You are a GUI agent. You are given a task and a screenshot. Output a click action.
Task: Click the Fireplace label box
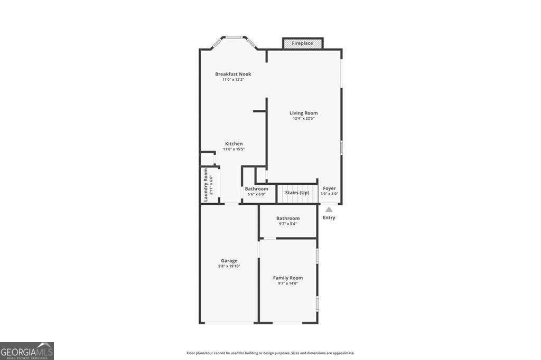(303, 43)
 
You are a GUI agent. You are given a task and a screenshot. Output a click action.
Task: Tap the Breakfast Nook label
(233, 74)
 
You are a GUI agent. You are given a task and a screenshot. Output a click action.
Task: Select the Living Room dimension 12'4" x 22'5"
(303, 118)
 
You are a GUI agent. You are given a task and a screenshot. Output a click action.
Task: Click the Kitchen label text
(234, 144)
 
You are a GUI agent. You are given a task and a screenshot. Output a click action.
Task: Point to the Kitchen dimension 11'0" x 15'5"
(234, 149)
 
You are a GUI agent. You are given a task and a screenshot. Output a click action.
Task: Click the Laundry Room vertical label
(206, 185)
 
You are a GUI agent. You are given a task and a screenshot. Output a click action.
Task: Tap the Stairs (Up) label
(297, 193)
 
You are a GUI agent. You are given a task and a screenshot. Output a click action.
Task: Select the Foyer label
(329, 188)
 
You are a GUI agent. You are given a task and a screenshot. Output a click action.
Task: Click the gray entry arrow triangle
(329, 210)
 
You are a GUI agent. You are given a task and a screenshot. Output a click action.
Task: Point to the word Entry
(329, 217)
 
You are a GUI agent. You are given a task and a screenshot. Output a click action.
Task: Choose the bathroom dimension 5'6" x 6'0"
(256, 194)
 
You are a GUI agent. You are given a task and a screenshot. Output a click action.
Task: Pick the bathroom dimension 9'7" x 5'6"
(288, 224)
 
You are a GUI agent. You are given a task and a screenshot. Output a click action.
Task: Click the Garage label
(229, 260)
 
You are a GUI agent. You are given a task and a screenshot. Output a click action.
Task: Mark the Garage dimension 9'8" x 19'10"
(229, 266)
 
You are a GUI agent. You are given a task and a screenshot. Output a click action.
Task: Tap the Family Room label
(288, 278)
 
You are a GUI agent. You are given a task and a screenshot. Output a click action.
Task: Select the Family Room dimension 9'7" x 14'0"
(288, 283)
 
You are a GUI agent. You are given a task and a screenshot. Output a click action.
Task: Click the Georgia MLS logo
(27, 351)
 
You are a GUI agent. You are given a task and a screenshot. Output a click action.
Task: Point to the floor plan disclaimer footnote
(270, 353)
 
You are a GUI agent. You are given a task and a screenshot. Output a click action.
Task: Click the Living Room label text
(303, 112)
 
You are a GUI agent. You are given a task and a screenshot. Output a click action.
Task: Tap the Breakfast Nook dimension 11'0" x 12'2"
(233, 80)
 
